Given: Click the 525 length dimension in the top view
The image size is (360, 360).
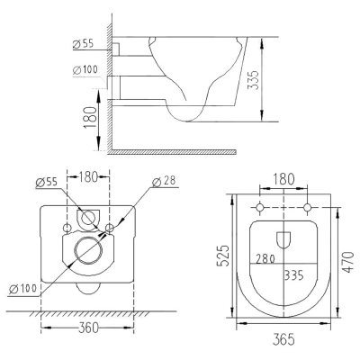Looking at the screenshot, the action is click(223, 256).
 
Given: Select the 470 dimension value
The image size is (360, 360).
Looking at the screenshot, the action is click(348, 262).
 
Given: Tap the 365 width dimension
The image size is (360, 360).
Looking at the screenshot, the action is click(283, 339).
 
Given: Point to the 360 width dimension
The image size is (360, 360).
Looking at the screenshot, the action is click(88, 328).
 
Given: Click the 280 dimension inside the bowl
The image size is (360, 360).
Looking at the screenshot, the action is click(265, 258).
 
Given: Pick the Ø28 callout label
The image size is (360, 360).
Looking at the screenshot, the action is click(164, 182).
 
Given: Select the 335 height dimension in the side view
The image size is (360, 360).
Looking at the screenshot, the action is click(253, 80).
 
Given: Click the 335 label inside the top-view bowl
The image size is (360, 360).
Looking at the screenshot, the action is click(294, 274).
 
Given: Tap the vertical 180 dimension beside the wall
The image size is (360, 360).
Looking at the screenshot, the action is click(90, 118).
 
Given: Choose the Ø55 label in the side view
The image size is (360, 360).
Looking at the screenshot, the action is click(83, 44).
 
